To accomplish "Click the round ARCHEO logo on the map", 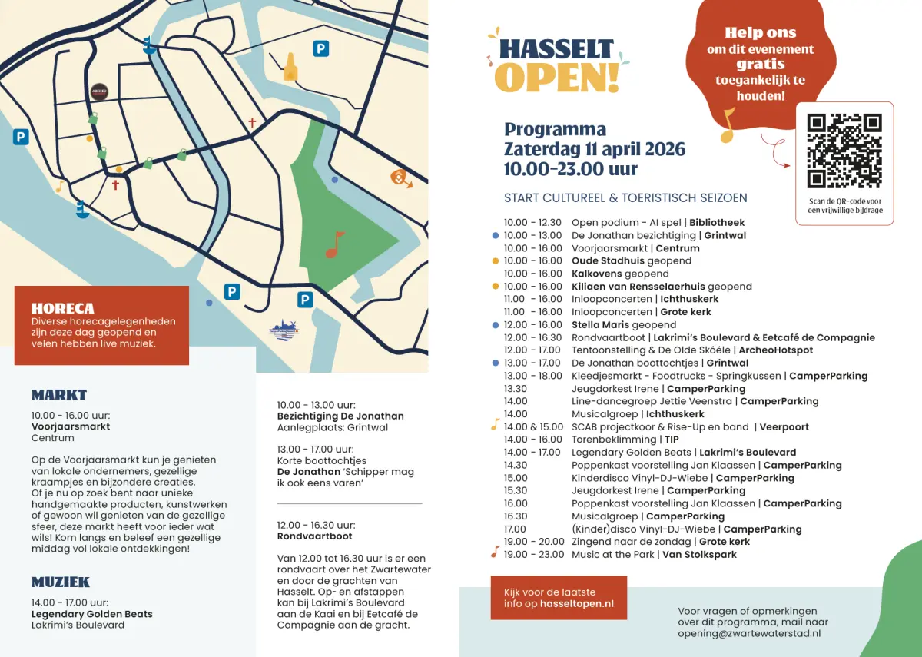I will [x=99, y=91].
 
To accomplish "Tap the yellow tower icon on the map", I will [x=290, y=68].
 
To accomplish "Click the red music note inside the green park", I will [x=334, y=244].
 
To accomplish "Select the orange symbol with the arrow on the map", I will [x=400, y=178].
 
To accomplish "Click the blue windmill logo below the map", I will [x=284, y=328].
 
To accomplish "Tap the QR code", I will [x=844, y=151].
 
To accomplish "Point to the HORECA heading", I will [x=62, y=308].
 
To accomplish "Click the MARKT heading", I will [x=59, y=395].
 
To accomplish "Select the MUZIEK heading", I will [x=61, y=582].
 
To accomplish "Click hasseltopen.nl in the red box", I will [x=576, y=604].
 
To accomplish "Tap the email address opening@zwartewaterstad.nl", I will [x=749, y=633].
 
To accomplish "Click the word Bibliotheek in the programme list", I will [x=717, y=223].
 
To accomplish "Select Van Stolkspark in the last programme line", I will [x=699, y=554].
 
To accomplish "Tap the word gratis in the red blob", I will [x=760, y=65].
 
